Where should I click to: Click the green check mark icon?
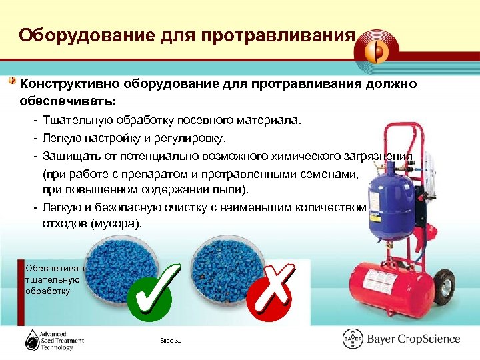click(x=154, y=292)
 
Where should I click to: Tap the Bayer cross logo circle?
click(x=353, y=339)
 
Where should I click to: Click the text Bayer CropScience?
click(x=413, y=339)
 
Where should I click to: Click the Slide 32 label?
click(x=171, y=341)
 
